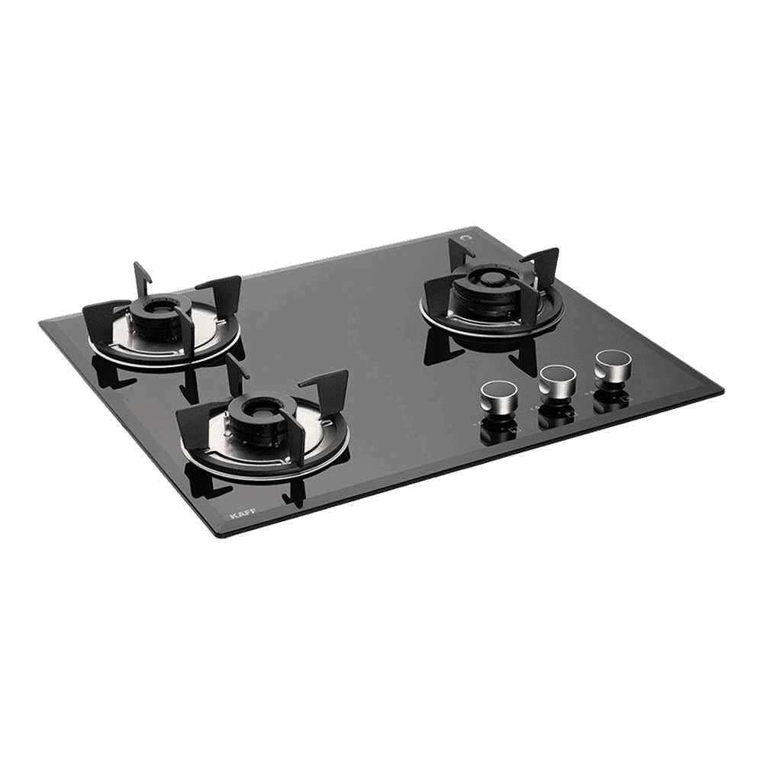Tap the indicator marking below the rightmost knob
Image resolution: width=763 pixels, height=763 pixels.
(x=626, y=399)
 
